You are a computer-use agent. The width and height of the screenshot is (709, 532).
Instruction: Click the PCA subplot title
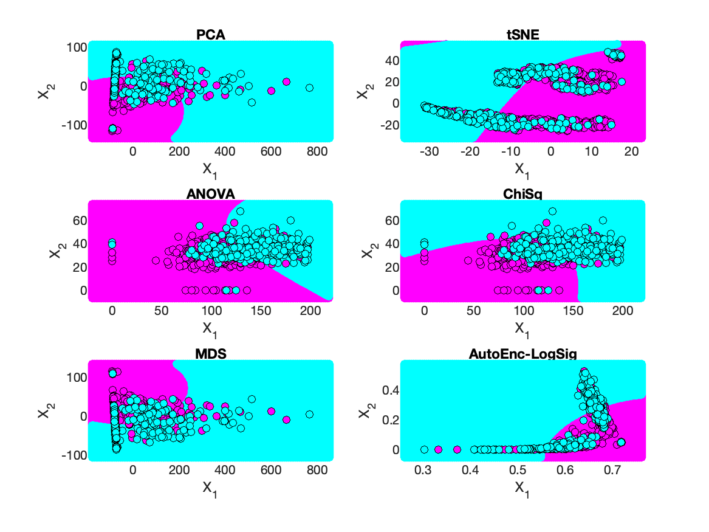click(x=211, y=35)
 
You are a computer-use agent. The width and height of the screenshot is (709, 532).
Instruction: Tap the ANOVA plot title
click(x=211, y=194)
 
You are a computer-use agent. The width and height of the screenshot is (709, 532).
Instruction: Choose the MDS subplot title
click(x=211, y=353)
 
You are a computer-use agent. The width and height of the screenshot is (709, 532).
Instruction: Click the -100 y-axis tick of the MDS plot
click(x=73, y=455)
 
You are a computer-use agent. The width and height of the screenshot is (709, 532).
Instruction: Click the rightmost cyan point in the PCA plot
click(x=309, y=88)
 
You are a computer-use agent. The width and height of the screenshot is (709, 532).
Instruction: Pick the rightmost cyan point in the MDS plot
click(x=309, y=414)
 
